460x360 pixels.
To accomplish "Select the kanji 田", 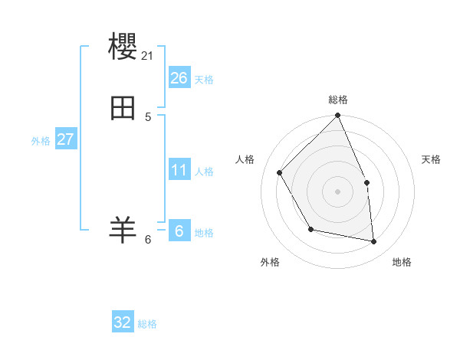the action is pos(123,109).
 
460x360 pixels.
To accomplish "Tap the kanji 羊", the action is pos(123,229).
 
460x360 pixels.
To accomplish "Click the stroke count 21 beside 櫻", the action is pos(148,55).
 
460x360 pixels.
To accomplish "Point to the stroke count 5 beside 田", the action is pos(148,117).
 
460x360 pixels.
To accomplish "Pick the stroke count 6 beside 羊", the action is pos(148,240).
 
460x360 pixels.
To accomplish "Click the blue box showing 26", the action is pos(179,77).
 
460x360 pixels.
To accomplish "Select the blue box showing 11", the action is pos(179,169).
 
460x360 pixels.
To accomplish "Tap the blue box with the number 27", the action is pos(66,139).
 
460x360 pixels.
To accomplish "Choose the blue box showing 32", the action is pos(123,322).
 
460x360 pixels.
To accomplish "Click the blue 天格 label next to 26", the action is pos(204,80).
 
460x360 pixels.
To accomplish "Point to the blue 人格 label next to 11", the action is pos(204,172).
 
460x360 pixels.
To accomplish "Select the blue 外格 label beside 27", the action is pos(41,141).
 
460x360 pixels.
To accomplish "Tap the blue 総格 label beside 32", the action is pos(147,324).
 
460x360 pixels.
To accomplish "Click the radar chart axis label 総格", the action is pos(338,100).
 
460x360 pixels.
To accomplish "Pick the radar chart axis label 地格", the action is pos(402,262).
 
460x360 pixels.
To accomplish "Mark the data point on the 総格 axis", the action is pos(337,116).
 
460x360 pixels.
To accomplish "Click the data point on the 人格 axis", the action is pos(280,172).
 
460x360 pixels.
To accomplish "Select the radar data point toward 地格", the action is pos(373,241).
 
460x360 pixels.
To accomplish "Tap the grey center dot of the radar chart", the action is pos(337,191).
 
